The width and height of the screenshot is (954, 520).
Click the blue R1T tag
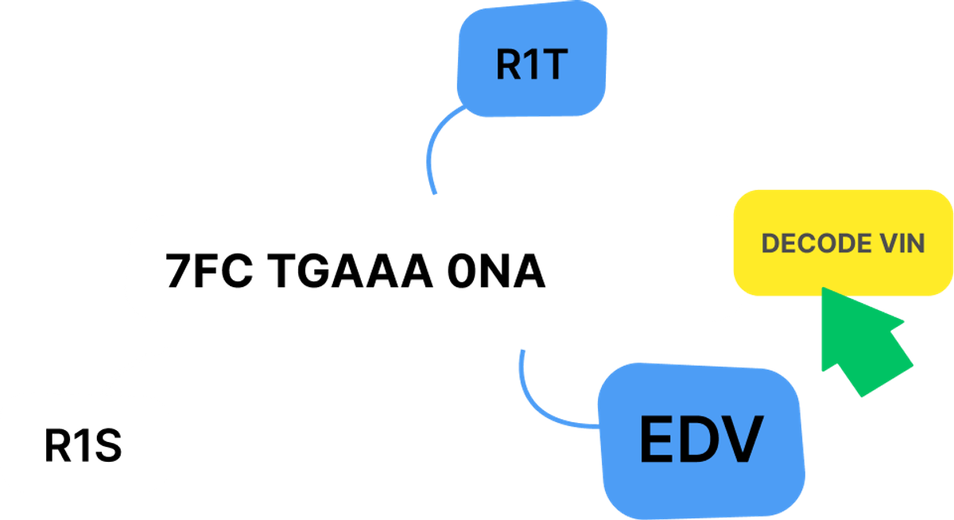[530, 64]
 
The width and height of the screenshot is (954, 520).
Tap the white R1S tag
[83, 446]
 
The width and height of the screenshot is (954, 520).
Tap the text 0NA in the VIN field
[498, 271]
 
